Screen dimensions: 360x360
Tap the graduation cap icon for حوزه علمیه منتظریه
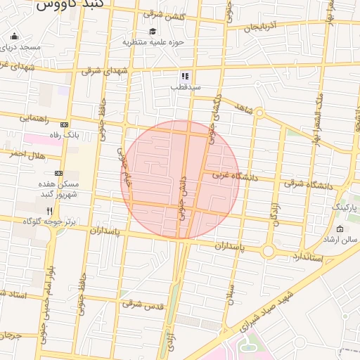pos(153,31)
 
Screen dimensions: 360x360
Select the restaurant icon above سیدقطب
pos(184,76)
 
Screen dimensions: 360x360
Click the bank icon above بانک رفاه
pos(68,124)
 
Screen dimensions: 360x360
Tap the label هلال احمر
pos(27,154)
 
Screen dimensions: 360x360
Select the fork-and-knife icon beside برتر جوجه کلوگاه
pos(49,210)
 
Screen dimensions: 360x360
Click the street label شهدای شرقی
pos(105,71)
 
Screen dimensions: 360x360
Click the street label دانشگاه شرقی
pos(308,185)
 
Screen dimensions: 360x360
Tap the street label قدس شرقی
pos(143,304)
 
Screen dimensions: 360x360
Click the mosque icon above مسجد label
pos(14,37)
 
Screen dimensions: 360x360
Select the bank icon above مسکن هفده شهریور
pos(58,173)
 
